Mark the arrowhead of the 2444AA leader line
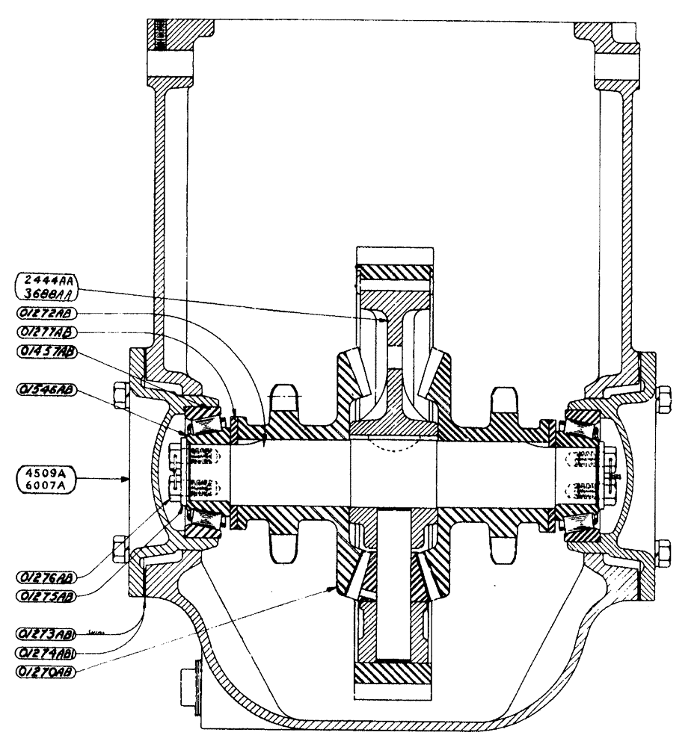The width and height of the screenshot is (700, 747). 387,320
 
